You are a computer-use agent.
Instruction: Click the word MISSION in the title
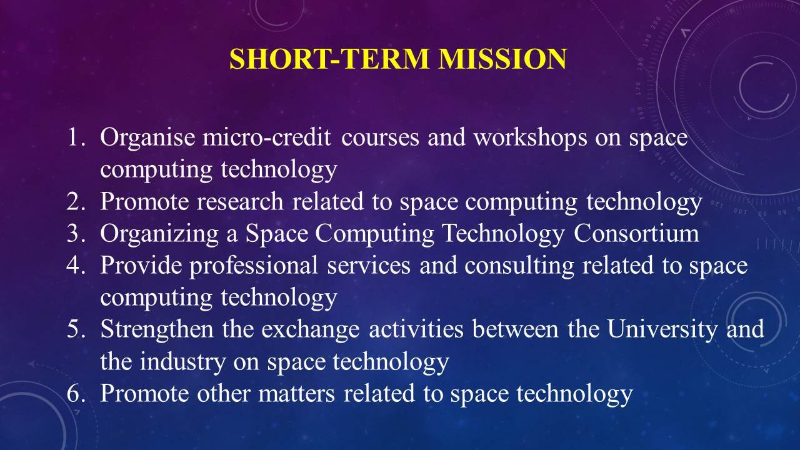(503, 59)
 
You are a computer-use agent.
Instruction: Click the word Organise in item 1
(147, 138)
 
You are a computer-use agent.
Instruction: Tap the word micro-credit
(266, 137)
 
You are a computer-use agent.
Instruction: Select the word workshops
(531, 138)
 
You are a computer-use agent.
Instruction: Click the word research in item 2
(241, 201)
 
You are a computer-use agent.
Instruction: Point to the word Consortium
(636, 233)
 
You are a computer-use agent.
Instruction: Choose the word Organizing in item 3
(159, 234)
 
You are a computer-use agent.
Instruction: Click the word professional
(254, 266)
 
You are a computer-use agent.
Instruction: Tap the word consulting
(519, 266)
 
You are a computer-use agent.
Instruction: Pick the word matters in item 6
(296, 393)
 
